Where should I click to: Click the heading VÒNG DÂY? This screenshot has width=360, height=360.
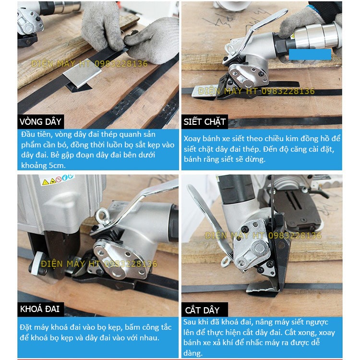point(40,122)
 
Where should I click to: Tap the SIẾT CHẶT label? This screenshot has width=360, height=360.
point(204,122)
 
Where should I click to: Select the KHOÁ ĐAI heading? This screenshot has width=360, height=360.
point(40,309)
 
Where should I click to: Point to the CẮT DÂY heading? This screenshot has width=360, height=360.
point(202,310)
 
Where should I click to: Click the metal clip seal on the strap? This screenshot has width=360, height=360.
point(82,73)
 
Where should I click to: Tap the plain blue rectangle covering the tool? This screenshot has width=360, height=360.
point(310,54)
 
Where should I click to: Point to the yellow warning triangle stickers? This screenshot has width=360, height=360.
point(48,181)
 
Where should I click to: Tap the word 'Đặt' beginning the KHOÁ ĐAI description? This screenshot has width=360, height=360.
point(25,327)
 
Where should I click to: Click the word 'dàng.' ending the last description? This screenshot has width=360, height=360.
point(193,353)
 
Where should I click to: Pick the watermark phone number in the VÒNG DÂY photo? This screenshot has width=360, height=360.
point(121,64)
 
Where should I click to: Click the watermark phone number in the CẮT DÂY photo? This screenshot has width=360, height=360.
point(295,236)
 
